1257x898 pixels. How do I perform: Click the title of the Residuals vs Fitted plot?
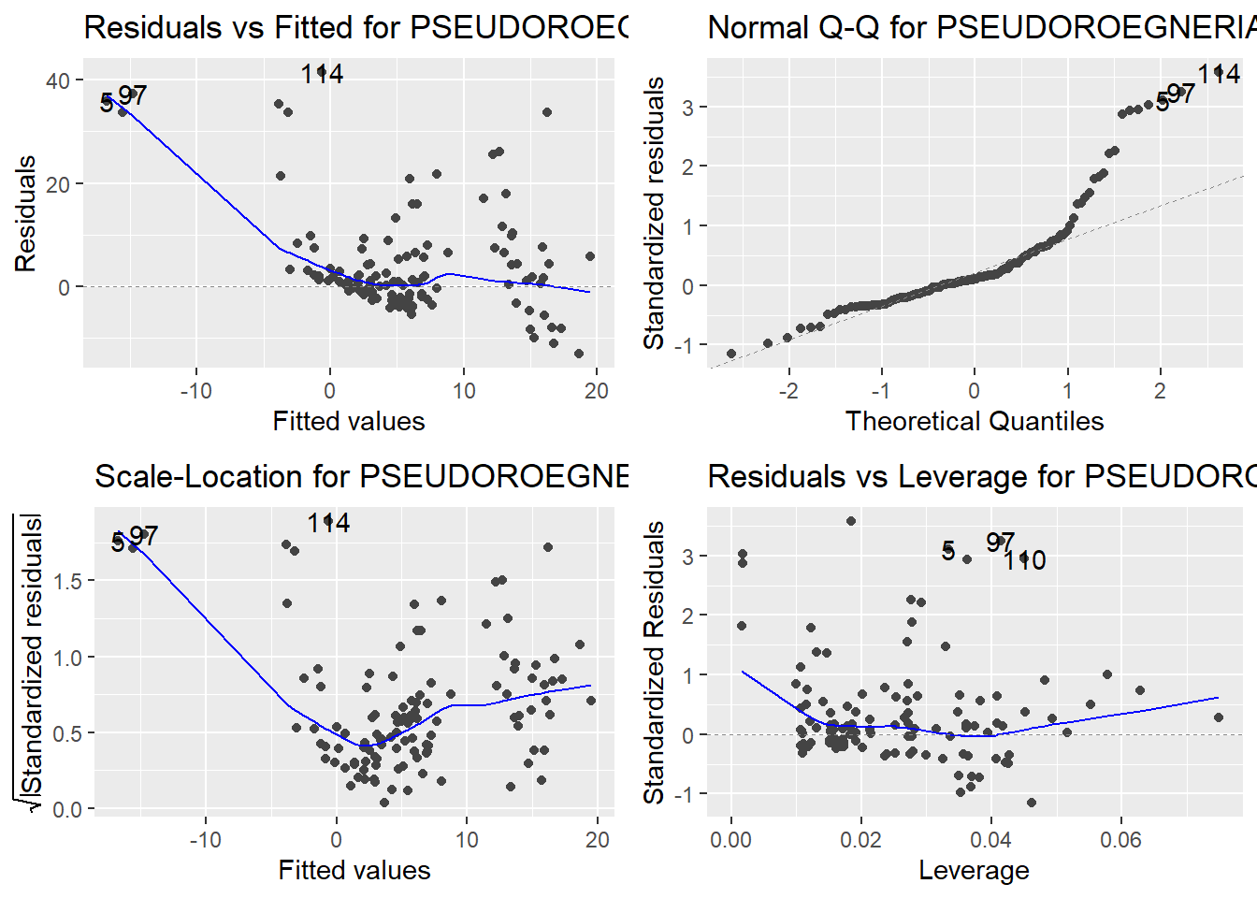coord(355,27)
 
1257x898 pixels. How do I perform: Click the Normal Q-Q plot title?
coord(981,27)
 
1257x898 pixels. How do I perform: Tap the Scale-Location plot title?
coord(361,476)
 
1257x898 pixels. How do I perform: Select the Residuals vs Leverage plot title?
coord(981,476)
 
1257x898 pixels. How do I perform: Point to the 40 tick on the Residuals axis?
coord(58,80)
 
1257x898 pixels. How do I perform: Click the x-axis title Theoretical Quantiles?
coord(974,421)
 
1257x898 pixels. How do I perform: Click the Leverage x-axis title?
coord(974,870)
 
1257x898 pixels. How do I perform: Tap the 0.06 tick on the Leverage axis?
coord(1120,840)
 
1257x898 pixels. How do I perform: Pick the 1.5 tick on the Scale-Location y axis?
coord(68,581)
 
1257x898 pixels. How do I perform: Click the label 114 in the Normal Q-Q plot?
coord(1219,73)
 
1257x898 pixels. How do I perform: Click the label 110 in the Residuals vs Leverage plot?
coord(1025,560)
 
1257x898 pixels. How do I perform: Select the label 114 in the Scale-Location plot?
coord(328,523)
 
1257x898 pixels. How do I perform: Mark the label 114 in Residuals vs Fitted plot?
coord(322,73)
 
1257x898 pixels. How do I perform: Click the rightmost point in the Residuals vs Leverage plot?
coord(1219,717)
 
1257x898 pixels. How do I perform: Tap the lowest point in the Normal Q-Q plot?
coord(731,354)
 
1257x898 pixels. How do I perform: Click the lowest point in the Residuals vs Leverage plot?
coord(1032,803)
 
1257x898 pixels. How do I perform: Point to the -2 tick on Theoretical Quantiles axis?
coord(788,391)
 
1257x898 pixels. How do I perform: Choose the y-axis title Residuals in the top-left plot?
coord(25,213)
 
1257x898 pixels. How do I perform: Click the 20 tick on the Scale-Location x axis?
coord(598,840)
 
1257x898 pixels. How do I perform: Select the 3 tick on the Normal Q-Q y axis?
coord(687,107)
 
